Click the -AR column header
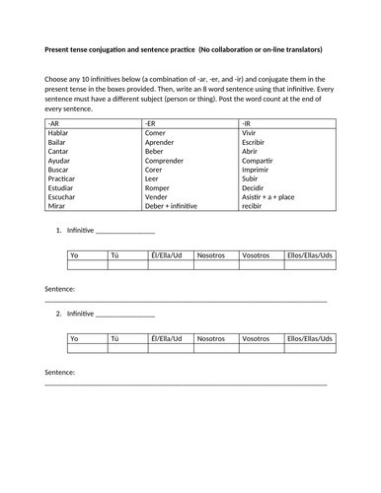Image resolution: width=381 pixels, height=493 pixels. pyautogui.click(x=53, y=124)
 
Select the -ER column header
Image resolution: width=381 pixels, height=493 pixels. pyautogui.click(x=151, y=124)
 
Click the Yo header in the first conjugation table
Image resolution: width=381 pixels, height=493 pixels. pyautogui.click(x=74, y=254)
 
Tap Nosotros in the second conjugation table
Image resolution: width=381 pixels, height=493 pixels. pyautogui.click(x=212, y=338)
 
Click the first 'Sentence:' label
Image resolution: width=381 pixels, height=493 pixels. pyautogui.click(x=60, y=289)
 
